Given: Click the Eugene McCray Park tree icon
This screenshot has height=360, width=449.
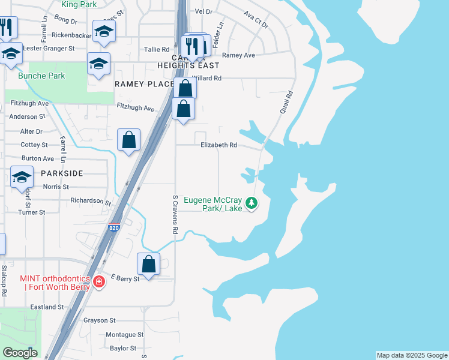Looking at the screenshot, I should [252, 204].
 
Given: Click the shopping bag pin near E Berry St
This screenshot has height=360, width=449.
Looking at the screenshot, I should [149, 264].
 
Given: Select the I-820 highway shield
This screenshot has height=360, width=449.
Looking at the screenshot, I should [114, 228].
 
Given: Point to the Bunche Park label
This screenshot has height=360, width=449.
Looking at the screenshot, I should [33, 76].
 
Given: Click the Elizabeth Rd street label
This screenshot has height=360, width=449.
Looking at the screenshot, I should [219, 145].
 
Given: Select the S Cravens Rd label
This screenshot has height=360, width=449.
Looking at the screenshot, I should [175, 214].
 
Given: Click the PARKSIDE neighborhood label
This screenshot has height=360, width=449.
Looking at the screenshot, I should [62, 173].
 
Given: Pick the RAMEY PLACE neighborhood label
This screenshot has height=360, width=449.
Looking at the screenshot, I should [144, 84].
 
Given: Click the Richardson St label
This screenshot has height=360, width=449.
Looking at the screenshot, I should [91, 201].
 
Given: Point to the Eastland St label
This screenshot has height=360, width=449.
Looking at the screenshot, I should [47, 307].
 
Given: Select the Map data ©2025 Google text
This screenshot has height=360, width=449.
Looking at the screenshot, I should [412, 355].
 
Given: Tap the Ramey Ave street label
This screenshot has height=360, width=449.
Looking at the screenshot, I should [238, 55].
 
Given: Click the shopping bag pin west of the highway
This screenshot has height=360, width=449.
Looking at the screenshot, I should [128, 140].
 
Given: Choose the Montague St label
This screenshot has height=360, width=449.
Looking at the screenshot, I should [124, 334].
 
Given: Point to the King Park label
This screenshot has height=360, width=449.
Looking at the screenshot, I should [78, 4].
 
